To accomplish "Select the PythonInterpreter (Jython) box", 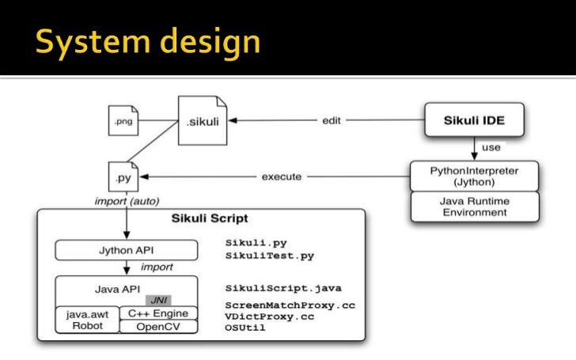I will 475,176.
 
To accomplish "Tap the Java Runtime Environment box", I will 475,207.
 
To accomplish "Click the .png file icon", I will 123,121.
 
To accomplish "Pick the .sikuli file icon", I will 198,121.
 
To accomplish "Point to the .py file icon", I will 123,178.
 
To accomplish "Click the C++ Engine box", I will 157,313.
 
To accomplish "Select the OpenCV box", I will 157,326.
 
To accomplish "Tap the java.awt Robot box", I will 86,320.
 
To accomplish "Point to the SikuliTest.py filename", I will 269,256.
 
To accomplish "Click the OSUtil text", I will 245,328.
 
